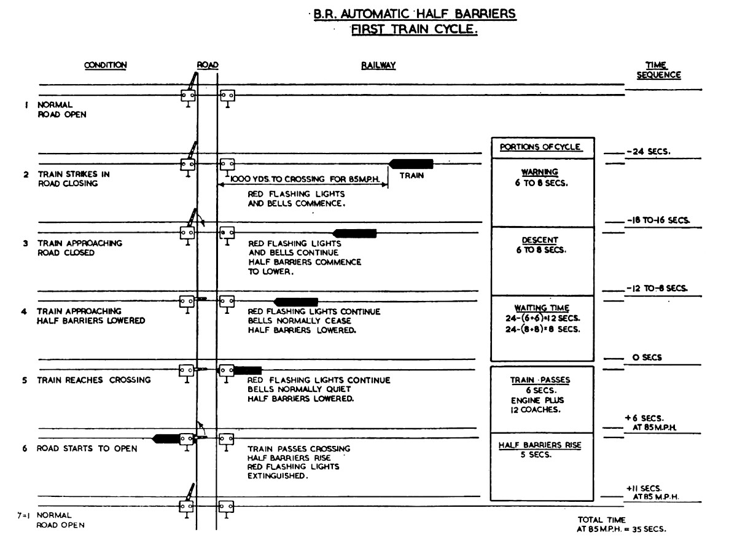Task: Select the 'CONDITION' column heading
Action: coord(105,65)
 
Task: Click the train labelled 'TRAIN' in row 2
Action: coord(411,163)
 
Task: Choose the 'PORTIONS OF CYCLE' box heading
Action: coord(540,147)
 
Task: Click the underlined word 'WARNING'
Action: coord(542,173)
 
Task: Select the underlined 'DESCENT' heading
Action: coord(542,240)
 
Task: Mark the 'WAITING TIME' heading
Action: coord(542,308)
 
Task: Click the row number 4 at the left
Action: coord(25,311)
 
